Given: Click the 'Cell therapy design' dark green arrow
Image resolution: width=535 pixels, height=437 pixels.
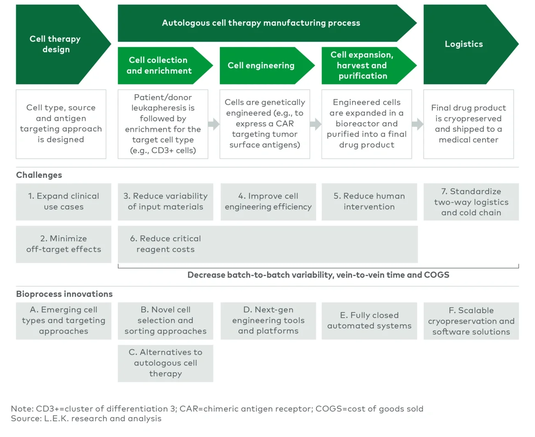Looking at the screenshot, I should pos(56,44).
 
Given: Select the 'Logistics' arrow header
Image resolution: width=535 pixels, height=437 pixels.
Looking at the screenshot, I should pos(464,44).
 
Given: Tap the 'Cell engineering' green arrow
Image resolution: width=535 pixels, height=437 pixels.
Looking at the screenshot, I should pos(261,65).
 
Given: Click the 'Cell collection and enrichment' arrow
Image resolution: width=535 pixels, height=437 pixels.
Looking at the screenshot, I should pos(159,65).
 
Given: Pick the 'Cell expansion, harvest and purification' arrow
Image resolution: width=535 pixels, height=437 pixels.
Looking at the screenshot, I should pos(363,65).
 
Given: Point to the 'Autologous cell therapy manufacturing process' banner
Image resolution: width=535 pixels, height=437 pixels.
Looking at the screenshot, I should pos(261,23).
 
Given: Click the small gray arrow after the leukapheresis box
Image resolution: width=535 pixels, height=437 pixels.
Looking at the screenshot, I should pos(214,124).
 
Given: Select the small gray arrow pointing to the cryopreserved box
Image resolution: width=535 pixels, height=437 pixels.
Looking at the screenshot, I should pos(417,124).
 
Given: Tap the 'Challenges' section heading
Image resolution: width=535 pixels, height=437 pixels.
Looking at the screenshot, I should pos(39,175).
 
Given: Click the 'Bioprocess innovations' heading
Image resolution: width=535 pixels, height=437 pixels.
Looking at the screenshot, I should pos(64,294).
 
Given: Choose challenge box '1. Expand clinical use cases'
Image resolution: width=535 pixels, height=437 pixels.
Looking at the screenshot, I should pos(63,201).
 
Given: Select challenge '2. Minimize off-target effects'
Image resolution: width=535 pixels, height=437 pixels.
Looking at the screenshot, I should pos(63,244).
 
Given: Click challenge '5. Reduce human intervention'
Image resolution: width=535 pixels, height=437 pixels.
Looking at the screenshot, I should pos(369,201).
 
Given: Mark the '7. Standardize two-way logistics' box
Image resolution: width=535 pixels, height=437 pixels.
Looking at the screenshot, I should pos(471,202).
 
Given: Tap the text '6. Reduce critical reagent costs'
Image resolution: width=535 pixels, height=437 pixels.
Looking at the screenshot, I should pos(165,244).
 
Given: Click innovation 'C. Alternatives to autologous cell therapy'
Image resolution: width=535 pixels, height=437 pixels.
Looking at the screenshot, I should pos(165,363).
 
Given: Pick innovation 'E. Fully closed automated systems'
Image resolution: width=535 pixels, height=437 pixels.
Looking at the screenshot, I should pos(369,320).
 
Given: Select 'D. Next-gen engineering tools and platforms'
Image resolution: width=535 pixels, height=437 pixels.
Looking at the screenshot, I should pos(268,320).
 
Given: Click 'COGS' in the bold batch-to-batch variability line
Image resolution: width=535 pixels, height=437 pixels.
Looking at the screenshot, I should pos(437,275).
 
